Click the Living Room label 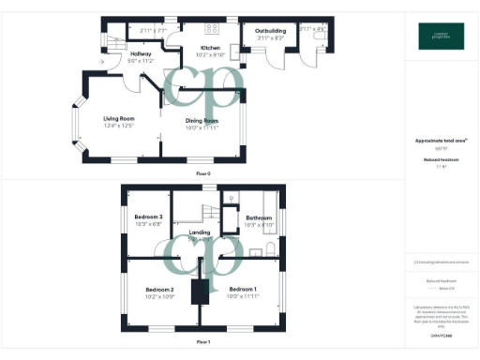click(119, 118)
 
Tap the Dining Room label click(202, 121)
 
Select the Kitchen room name click(209, 48)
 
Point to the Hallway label click(114, 54)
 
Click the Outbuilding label click(270, 31)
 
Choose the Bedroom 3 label click(148, 217)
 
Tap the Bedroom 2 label click(159, 289)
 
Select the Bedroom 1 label click(244, 289)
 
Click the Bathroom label click(258, 217)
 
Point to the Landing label click(200, 232)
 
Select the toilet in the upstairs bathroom click(270, 248)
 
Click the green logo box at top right click(441, 36)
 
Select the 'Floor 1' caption click(203, 342)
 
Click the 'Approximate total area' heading click(441, 141)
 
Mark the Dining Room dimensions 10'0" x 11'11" click(202, 127)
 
